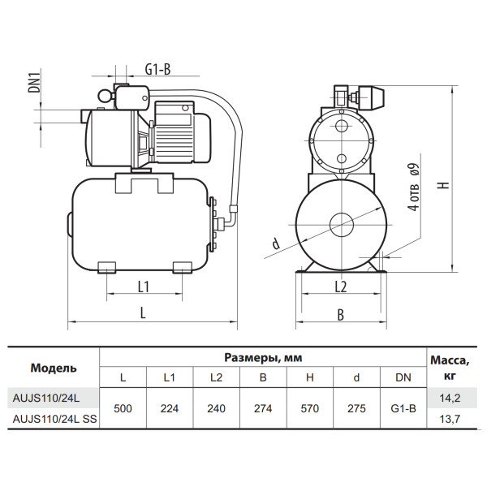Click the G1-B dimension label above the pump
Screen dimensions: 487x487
(x=157, y=70)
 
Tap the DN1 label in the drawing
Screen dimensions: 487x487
(x=34, y=83)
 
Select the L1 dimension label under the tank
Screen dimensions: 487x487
(x=144, y=287)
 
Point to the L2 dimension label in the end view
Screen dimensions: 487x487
(x=341, y=287)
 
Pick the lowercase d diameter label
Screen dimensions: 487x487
(x=275, y=243)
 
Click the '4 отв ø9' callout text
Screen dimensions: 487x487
(x=414, y=187)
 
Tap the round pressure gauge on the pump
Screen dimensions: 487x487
(x=105, y=96)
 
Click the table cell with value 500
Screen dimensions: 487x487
(x=123, y=408)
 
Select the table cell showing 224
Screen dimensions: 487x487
(x=170, y=408)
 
